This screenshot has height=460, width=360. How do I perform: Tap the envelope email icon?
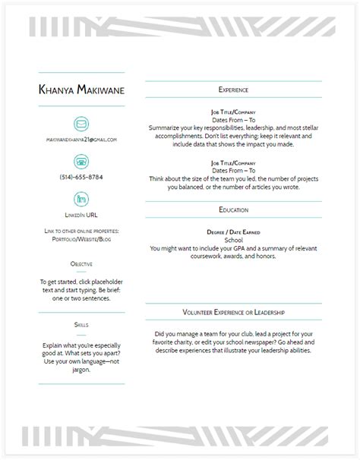click(81, 124)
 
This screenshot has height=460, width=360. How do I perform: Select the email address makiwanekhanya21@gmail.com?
click(81, 140)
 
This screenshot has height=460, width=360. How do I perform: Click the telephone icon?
click(81, 161)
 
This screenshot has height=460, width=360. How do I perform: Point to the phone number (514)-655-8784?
click(81, 177)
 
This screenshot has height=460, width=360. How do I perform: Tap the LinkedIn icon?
click(81, 198)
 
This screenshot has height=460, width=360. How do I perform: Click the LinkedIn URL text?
click(81, 215)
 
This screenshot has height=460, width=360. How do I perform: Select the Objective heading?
click(81, 263)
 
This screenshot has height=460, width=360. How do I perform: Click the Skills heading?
click(81, 324)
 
